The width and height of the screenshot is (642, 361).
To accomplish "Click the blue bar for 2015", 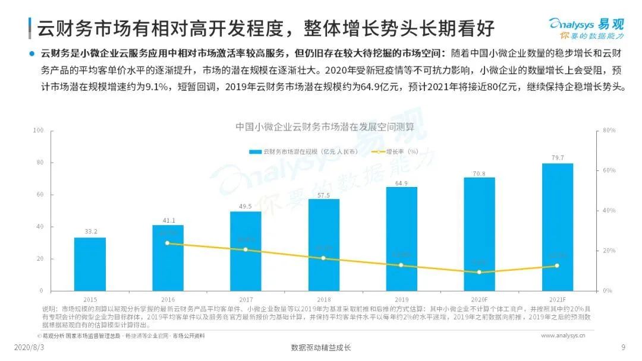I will pyautogui.click(x=90, y=264).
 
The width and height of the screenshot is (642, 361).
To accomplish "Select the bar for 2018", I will pyautogui.click(x=324, y=245).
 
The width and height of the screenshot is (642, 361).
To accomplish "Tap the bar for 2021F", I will pyautogui.click(x=558, y=227).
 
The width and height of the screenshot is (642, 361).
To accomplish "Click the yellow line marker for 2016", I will pyautogui.click(x=168, y=243).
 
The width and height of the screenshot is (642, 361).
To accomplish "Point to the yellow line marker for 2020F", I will pyautogui.click(x=479, y=272).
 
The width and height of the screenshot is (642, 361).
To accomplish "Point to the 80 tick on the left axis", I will pyautogui.click(x=39, y=162).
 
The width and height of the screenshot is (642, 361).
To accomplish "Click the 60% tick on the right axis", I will pyautogui.click(x=609, y=170).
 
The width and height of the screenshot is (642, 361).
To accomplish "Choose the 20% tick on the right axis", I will pyautogui.click(x=609, y=251).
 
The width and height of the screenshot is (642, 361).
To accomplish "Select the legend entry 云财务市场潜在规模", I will pyautogui.click(x=303, y=151).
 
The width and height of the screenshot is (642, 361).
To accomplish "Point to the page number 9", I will pyautogui.click(x=623, y=347).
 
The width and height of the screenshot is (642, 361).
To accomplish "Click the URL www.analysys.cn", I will pyautogui.click(x=563, y=335).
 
